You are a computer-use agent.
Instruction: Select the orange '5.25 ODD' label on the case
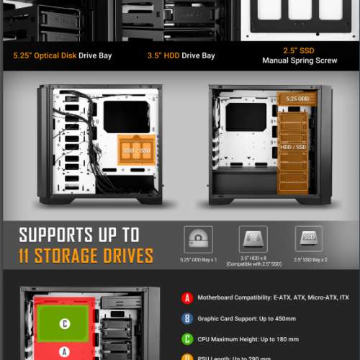click(x=297, y=98)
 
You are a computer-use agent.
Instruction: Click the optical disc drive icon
click(x=198, y=239)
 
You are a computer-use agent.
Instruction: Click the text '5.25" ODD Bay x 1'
click(x=198, y=258)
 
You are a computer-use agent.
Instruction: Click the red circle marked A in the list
click(x=188, y=297)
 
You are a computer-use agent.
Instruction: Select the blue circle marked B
click(x=188, y=317)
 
